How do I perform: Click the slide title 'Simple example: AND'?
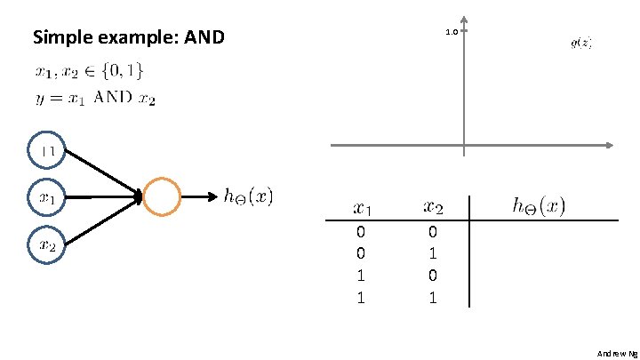129,38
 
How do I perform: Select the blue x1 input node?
48,198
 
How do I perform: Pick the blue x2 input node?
48,244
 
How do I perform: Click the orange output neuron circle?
161,197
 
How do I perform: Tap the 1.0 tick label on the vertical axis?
450,33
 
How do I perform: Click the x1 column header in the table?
363,209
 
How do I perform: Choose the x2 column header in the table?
433,208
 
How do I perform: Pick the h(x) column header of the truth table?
538,206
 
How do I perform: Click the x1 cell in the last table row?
361,298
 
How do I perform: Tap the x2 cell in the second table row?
432,253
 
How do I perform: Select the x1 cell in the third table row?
361,276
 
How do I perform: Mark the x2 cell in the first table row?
432,231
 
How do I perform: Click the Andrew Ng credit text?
617,353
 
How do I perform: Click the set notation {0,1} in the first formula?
123,70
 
